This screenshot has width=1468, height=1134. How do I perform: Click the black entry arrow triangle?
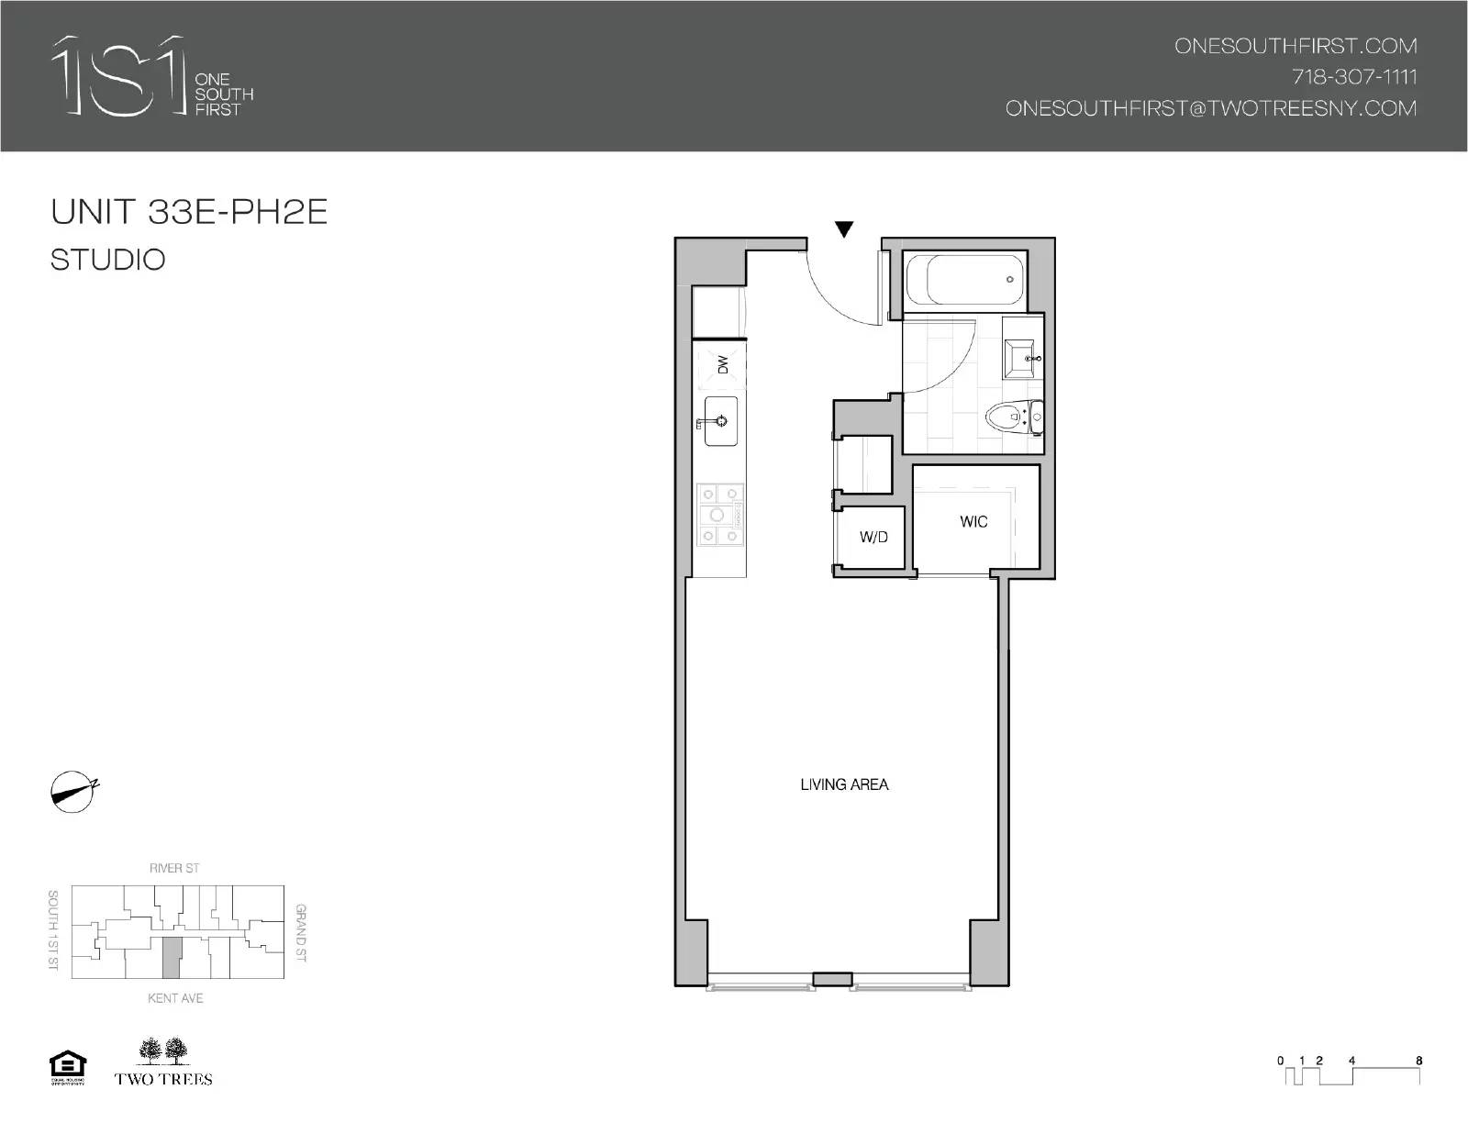point(843,229)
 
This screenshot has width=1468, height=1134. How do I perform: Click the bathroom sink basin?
point(1020,358)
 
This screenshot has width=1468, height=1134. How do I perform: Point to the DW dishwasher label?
point(722,364)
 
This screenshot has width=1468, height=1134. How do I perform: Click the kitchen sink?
point(721,421)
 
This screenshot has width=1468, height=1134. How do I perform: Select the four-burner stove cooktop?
point(718,516)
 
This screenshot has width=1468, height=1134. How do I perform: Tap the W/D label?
point(873,537)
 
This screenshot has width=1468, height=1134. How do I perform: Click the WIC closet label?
point(973,521)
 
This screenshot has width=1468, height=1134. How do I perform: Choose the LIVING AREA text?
point(844,784)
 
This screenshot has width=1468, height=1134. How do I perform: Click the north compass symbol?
point(72,792)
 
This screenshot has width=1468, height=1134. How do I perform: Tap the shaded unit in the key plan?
point(171,958)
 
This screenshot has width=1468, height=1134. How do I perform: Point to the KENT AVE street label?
point(175,997)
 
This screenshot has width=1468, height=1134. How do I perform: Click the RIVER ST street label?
point(174,868)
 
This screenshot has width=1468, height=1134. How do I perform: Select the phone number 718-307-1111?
point(1354,76)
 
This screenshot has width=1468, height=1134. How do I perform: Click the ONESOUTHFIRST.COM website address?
point(1296,46)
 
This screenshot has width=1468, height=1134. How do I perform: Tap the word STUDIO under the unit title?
point(108,260)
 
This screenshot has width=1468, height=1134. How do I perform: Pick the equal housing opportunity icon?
point(67,1068)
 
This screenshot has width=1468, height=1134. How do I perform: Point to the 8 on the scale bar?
point(1419,1061)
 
